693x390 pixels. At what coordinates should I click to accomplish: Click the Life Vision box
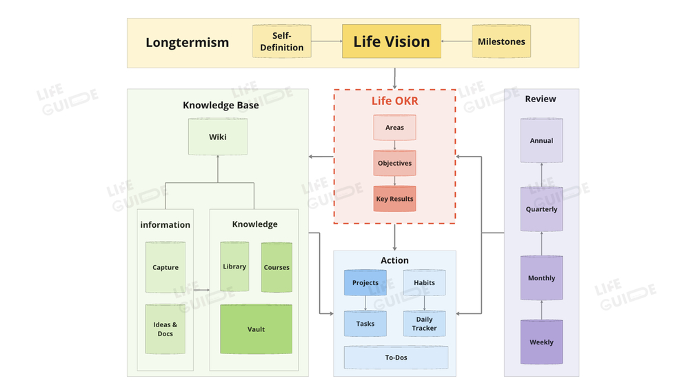pos(391,41)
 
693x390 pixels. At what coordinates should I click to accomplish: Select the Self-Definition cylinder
pos(281,41)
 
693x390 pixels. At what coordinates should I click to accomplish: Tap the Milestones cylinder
pos(501,41)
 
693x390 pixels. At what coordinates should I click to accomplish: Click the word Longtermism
pos(187,43)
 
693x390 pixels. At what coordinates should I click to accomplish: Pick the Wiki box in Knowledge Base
pos(218,137)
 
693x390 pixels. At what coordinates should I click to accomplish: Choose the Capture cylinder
pos(165,267)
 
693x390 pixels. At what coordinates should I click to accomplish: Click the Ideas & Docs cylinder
pos(165,329)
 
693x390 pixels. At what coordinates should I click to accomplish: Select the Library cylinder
pos(234,266)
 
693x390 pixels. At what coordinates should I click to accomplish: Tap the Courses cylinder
pos(277,267)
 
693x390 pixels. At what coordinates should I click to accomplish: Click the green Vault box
pos(256,329)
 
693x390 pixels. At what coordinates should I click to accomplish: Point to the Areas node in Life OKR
pos(394,128)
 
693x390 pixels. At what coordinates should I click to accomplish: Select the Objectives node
pos(394,164)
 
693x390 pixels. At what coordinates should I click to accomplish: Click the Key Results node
pos(394,199)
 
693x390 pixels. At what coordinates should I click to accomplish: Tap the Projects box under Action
pos(365,282)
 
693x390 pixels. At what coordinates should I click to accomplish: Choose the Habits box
pos(424,282)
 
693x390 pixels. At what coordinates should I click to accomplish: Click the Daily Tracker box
pos(424,324)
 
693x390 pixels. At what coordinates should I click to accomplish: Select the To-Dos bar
pos(396,358)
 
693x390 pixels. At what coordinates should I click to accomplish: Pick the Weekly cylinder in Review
pos(541,342)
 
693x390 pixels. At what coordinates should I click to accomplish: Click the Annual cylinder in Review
pos(541,140)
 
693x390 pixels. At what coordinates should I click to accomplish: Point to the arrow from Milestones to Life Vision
pos(456,41)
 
